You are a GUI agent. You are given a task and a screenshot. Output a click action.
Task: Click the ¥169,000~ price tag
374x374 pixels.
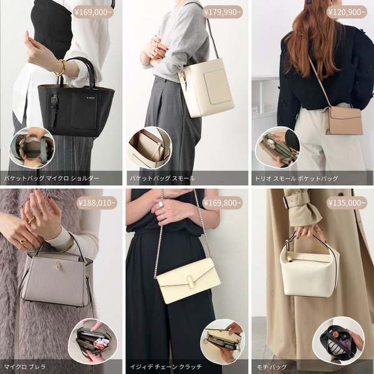pos(93,12)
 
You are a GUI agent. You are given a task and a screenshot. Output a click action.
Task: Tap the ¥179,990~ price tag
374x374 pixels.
pos(223,12)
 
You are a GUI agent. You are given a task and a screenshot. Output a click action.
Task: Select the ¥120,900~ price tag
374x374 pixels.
pos(347,12)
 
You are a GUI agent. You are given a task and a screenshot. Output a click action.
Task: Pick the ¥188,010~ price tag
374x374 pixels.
pos(97,203)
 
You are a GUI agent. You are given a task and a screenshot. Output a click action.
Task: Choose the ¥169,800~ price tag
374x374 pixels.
pos(223,203)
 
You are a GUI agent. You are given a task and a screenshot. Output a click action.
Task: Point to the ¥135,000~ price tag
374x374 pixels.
pos(347,203)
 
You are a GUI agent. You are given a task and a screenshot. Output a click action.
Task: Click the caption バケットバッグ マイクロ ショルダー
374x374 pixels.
pos(52,178)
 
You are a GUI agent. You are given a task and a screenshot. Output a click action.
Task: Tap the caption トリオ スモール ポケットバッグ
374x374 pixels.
pos(296,178)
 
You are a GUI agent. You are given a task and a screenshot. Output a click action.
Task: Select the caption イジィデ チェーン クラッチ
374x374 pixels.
pos(166,367)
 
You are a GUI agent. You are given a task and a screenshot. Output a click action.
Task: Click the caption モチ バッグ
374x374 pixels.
pos(271,367)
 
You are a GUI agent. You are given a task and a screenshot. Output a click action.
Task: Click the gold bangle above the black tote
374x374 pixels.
pos(60,68)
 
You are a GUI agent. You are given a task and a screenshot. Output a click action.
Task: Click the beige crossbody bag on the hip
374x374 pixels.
pos(343,120)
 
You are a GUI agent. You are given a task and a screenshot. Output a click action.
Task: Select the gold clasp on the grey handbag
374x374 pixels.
pos(58,265)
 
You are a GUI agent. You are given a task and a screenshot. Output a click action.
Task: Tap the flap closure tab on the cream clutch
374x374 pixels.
pos(189,279)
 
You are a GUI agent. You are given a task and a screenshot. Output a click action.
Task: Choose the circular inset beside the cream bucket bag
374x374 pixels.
pos(150,148)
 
